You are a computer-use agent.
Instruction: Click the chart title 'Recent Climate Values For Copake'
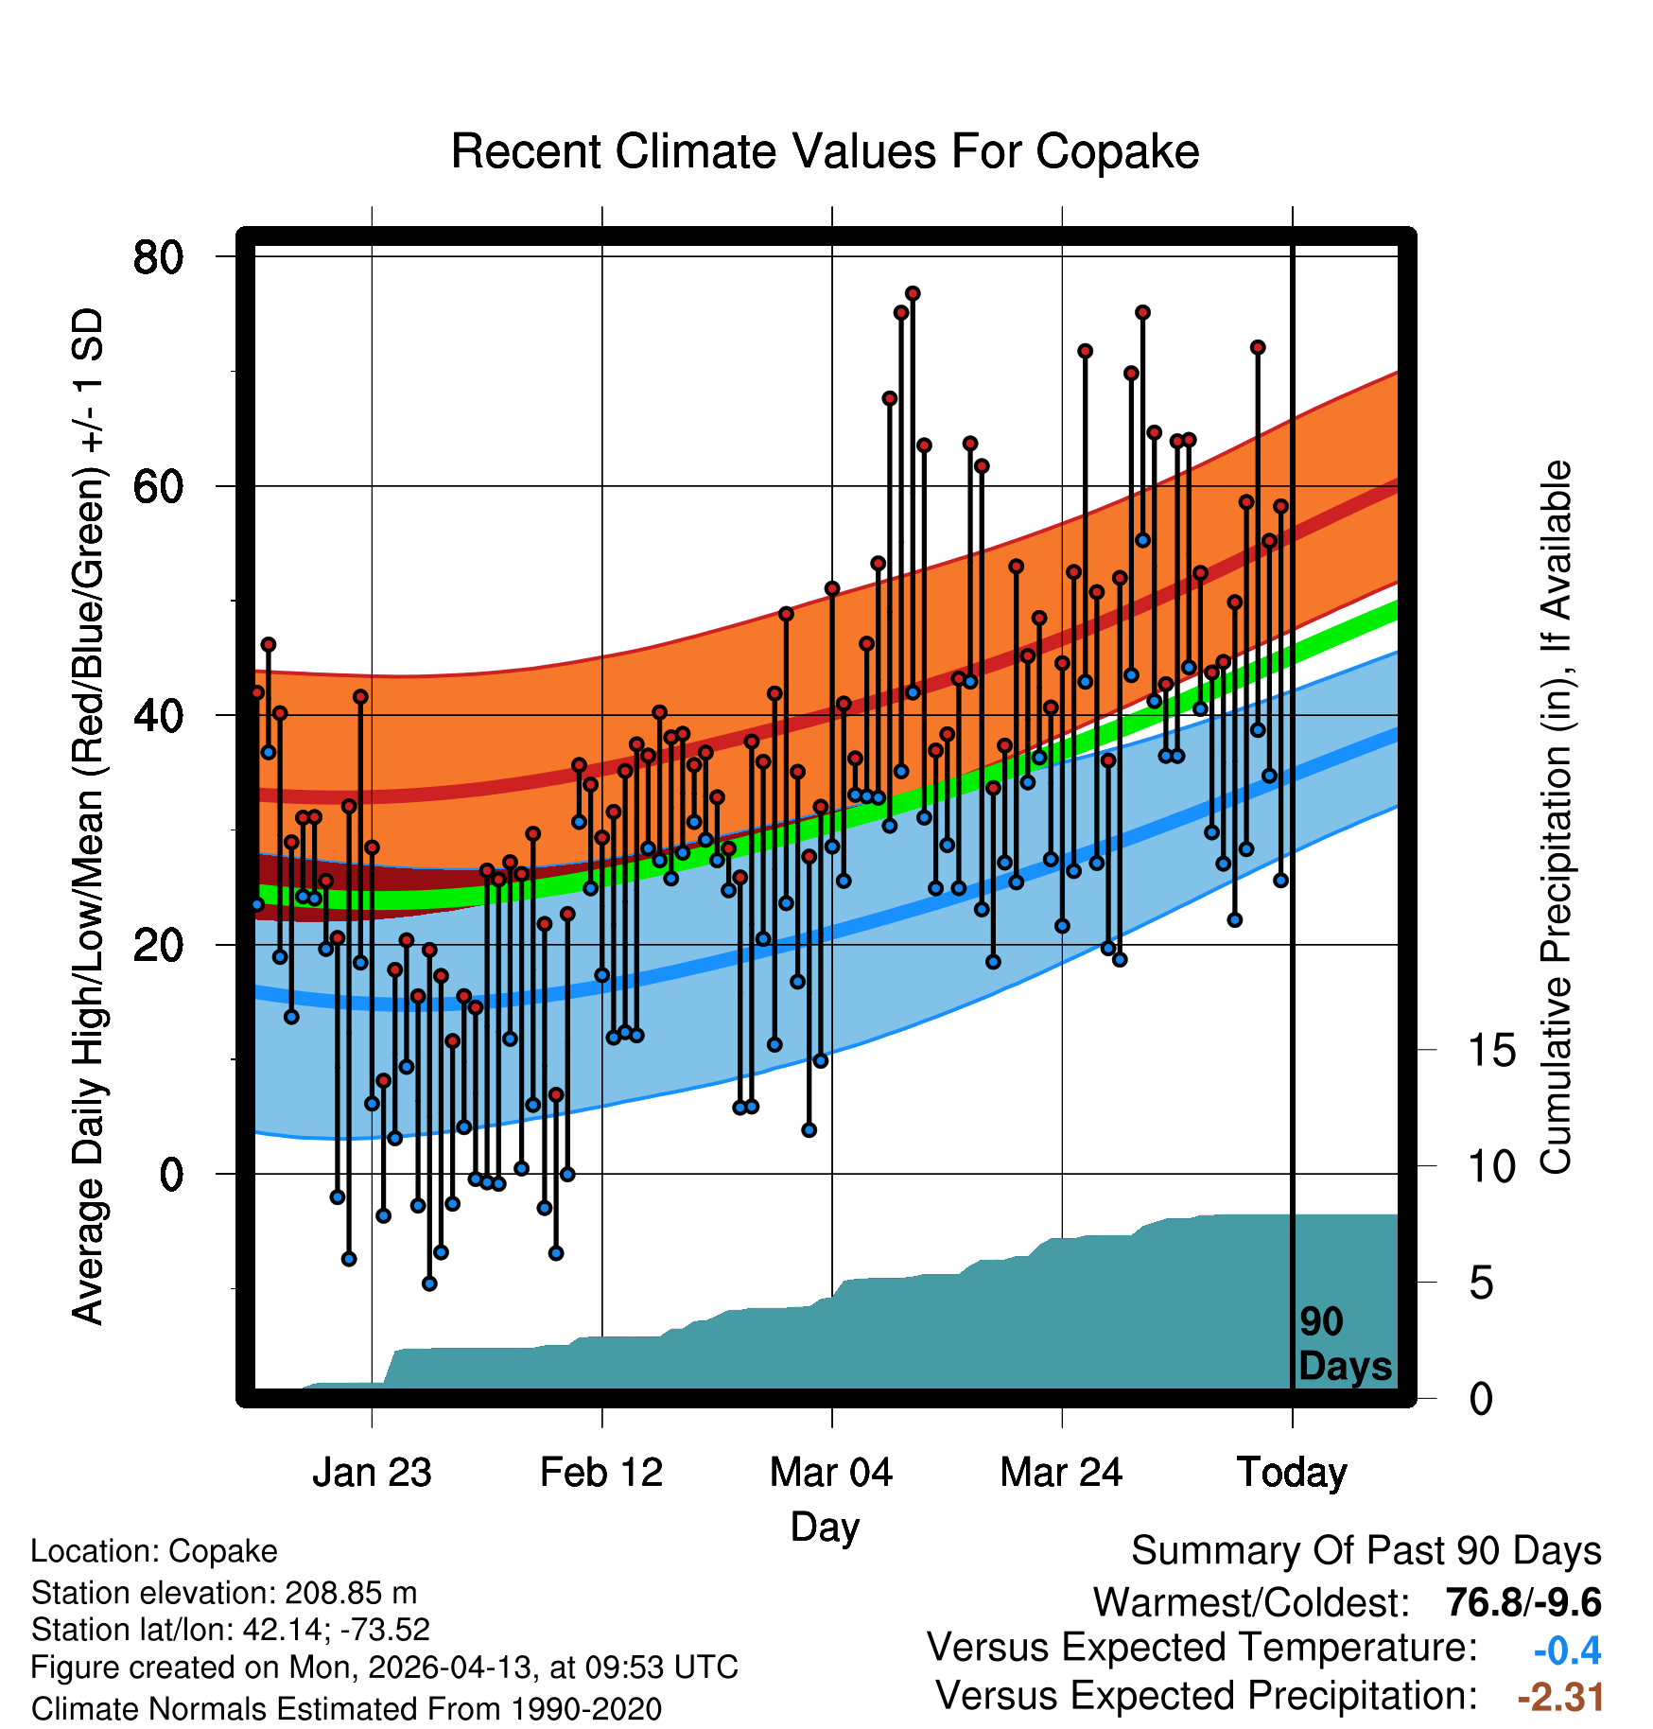(x=825, y=151)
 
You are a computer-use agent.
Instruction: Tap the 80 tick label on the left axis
(x=158, y=256)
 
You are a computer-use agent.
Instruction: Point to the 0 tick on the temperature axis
(x=171, y=1175)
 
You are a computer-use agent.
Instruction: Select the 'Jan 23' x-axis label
(x=372, y=1472)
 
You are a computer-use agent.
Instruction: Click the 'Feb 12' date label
(x=601, y=1472)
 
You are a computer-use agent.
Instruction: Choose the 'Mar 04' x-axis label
(x=831, y=1472)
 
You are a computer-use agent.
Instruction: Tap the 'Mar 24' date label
(x=1061, y=1472)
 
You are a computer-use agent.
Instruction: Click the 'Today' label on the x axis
(x=1292, y=1473)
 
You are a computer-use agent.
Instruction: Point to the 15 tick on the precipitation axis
(x=1491, y=1050)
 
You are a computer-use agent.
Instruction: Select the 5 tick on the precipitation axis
(x=1481, y=1283)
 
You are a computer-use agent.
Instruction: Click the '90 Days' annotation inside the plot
(x=1345, y=1344)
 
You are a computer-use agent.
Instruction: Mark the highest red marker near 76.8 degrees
(x=913, y=293)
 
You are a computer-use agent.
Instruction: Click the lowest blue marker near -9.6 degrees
(x=429, y=1284)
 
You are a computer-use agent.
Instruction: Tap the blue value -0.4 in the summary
(x=1567, y=1650)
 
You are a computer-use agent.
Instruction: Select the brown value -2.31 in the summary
(x=1560, y=1697)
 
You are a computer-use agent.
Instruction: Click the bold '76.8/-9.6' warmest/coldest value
(x=1523, y=1602)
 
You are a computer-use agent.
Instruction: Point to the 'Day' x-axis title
(x=825, y=1528)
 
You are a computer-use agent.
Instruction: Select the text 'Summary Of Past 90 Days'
(x=1366, y=1551)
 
